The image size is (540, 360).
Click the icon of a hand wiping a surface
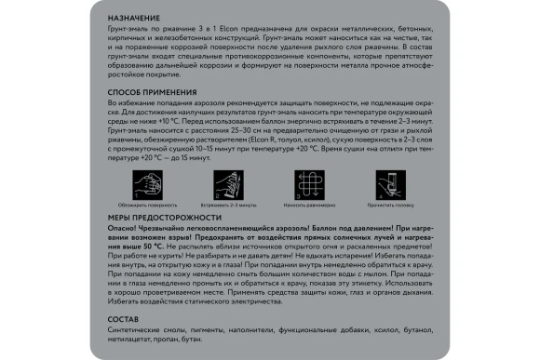(148, 183)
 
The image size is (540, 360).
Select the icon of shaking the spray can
(229, 183)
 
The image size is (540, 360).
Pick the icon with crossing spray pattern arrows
(309, 183)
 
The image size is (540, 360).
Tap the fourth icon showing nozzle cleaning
(389, 183)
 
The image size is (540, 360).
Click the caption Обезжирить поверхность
(148, 203)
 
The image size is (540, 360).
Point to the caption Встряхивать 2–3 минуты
(229, 203)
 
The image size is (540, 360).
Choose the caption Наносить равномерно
(309, 203)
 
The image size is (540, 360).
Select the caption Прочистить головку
(389, 203)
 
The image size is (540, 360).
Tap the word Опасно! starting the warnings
(124, 228)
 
